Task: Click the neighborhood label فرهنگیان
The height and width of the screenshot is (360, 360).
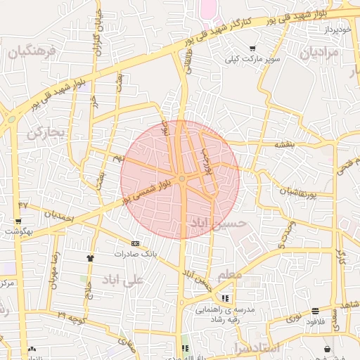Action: [30, 52]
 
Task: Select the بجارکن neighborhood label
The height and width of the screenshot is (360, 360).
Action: [46, 131]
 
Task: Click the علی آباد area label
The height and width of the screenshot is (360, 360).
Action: [122, 279]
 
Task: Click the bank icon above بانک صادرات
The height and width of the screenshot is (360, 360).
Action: [136, 243]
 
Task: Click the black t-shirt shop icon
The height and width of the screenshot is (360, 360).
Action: [90, 257]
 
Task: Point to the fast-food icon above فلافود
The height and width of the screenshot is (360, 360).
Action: [314, 310]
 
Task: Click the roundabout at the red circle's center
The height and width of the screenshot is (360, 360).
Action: [181, 179]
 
